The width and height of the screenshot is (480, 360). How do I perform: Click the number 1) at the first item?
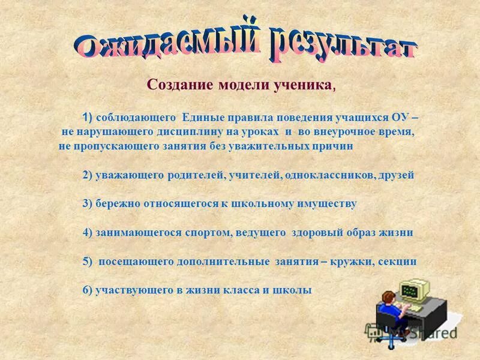pyautogui.click(x=88, y=116)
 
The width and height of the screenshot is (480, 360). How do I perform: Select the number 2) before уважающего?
pyautogui.click(x=87, y=175)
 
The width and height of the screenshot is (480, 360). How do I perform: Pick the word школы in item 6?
pyautogui.click(x=293, y=290)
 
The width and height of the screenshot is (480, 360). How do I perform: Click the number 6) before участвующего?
pyautogui.click(x=87, y=290)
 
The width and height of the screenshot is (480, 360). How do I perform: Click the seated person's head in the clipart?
pyautogui.click(x=389, y=296)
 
